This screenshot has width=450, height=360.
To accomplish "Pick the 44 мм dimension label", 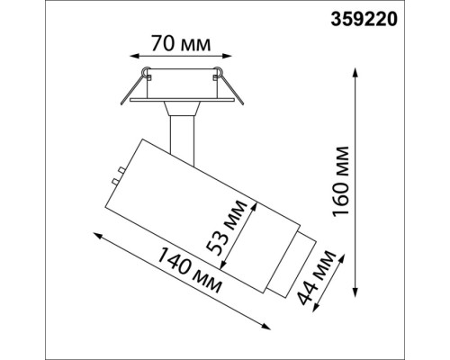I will (x=326, y=278).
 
